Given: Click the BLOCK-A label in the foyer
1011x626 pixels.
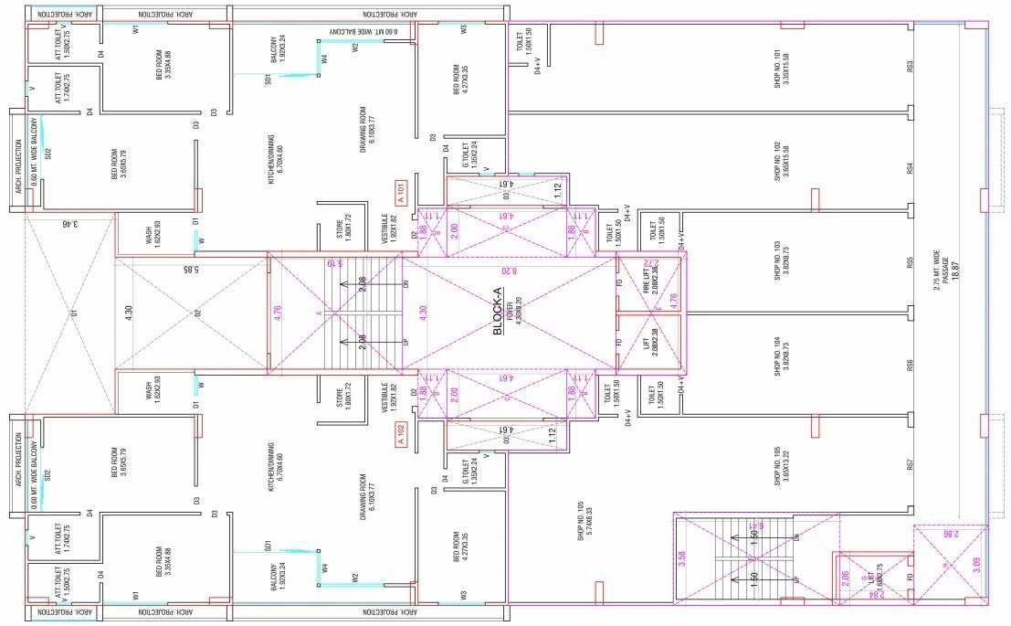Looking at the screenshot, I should [x=498, y=315].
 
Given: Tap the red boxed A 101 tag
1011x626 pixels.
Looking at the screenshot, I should [x=399, y=193].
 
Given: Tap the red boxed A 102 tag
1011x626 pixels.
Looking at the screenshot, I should [x=399, y=435].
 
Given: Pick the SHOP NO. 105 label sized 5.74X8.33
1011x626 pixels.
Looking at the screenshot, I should [x=584, y=520].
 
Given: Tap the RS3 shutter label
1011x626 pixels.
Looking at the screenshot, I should [x=910, y=67].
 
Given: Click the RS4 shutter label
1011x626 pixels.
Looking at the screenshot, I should [x=910, y=168].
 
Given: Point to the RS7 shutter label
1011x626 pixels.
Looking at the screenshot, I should [x=910, y=465].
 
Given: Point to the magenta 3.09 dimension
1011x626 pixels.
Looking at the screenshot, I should [x=976, y=565].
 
